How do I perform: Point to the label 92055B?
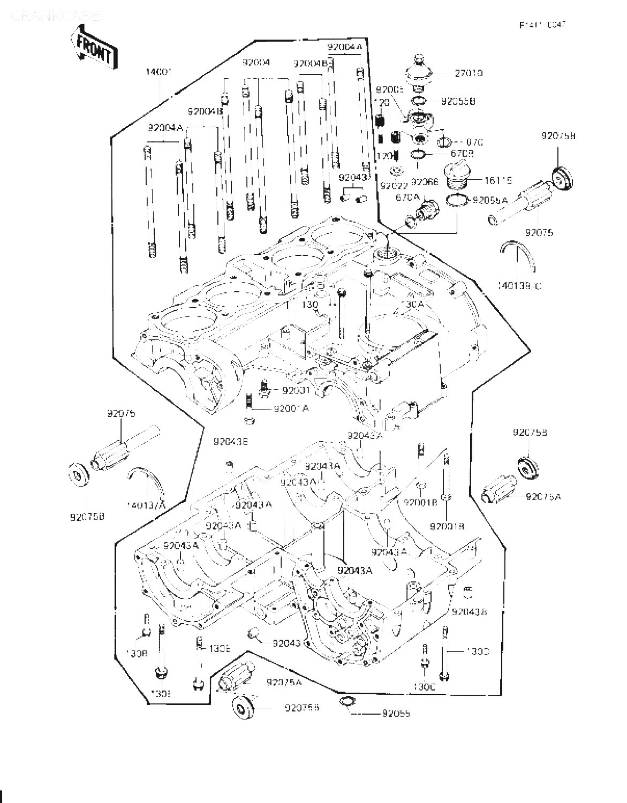[x=458, y=101]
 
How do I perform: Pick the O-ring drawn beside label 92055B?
[x=420, y=101]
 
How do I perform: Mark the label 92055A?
[x=489, y=200]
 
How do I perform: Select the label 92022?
[x=394, y=186]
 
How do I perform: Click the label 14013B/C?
[x=519, y=286]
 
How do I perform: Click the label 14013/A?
[x=146, y=505]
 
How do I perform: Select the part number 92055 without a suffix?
[x=396, y=714]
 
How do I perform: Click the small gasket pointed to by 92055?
[x=346, y=702]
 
